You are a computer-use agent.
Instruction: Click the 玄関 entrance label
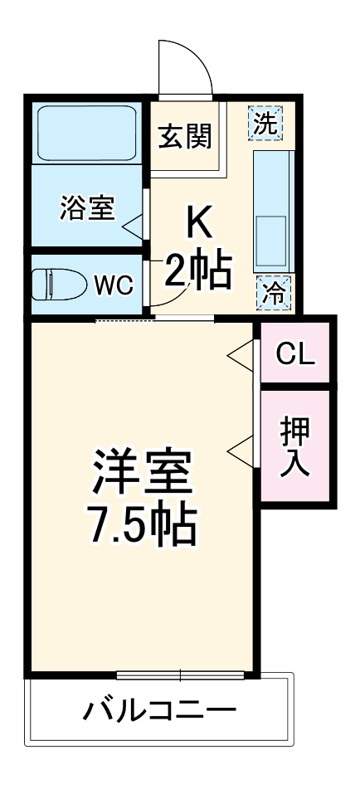tap(185, 134)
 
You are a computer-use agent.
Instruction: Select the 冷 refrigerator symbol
tap(272, 291)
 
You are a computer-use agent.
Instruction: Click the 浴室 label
tap(86, 208)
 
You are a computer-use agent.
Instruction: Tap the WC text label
tap(113, 285)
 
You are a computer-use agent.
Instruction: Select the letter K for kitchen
tap(199, 222)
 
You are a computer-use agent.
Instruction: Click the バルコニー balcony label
tap(160, 710)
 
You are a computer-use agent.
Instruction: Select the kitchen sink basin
tap(271, 237)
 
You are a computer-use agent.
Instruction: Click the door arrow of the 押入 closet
tap(241, 453)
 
